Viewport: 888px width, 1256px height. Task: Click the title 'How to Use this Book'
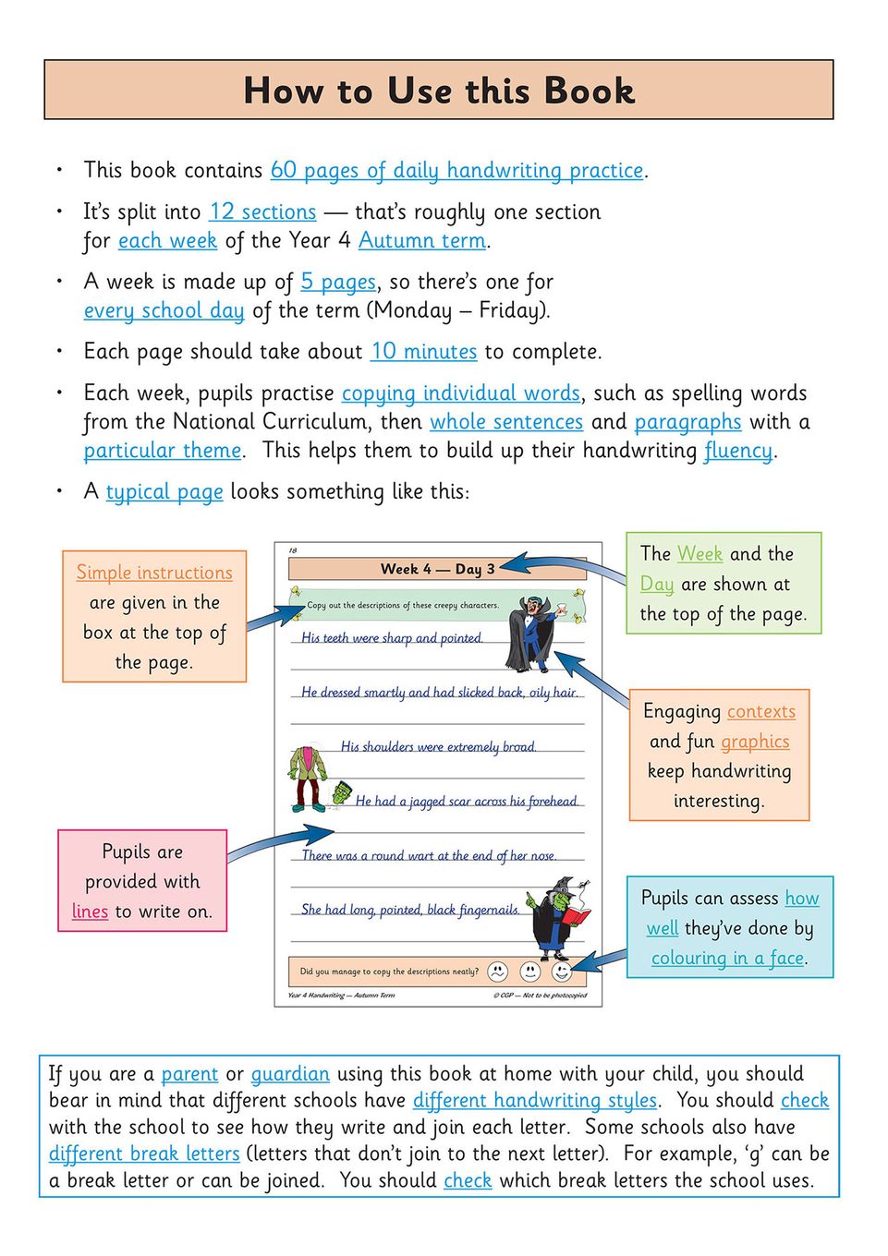439,91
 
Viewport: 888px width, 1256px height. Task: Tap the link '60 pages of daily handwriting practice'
456,171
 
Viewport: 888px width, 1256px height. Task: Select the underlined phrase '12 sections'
262,212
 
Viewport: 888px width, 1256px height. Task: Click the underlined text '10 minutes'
423,352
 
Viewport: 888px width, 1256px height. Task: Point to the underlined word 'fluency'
737,451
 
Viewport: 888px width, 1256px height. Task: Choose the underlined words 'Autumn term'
422,241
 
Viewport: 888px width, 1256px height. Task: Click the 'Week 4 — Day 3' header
437,569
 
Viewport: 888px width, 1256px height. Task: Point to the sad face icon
497,972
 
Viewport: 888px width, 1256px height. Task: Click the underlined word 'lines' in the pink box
90,912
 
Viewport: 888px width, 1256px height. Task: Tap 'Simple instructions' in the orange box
154,573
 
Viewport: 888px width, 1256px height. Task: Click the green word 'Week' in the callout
699,554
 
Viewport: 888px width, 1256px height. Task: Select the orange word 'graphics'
755,742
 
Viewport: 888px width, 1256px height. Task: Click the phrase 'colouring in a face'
727,959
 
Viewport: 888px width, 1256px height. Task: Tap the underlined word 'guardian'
290,1074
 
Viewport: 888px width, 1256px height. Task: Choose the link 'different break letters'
144,1154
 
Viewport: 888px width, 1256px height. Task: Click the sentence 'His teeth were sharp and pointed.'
392,638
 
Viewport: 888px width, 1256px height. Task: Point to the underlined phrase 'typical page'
164,492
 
